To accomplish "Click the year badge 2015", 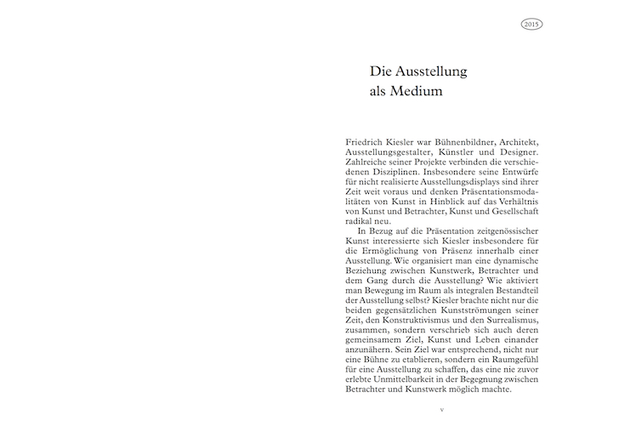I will pos(532,25).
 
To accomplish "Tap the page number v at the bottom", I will pos(441,410).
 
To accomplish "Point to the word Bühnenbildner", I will pos(455,139).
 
